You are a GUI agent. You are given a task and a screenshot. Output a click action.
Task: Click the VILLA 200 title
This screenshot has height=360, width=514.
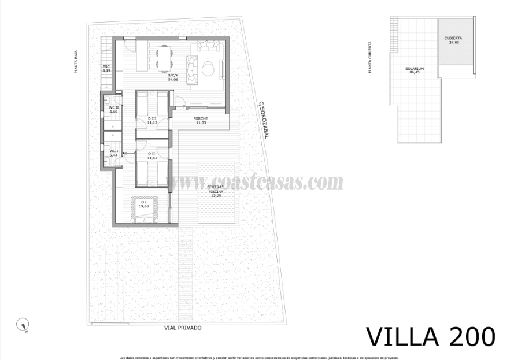(431, 336)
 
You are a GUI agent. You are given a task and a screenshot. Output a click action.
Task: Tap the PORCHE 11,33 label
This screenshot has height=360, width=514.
(201, 121)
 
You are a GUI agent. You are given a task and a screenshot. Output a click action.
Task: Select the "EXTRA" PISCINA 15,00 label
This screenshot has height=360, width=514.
(216, 191)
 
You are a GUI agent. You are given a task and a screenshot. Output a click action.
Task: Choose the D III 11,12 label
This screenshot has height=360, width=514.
(152, 121)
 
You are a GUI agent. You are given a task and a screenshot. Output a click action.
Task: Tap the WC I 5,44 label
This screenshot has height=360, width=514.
(113, 153)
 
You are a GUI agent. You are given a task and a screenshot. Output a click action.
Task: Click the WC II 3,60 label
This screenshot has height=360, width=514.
(113, 109)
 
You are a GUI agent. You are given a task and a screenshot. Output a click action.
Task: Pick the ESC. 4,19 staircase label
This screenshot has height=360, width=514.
(106, 69)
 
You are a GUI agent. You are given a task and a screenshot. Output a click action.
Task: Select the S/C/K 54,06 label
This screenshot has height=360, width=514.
(172, 78)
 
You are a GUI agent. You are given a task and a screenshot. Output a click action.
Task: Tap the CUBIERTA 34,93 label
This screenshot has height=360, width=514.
(453, 40)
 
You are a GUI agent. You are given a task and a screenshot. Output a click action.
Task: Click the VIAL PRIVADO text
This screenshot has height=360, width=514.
(183, 328)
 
